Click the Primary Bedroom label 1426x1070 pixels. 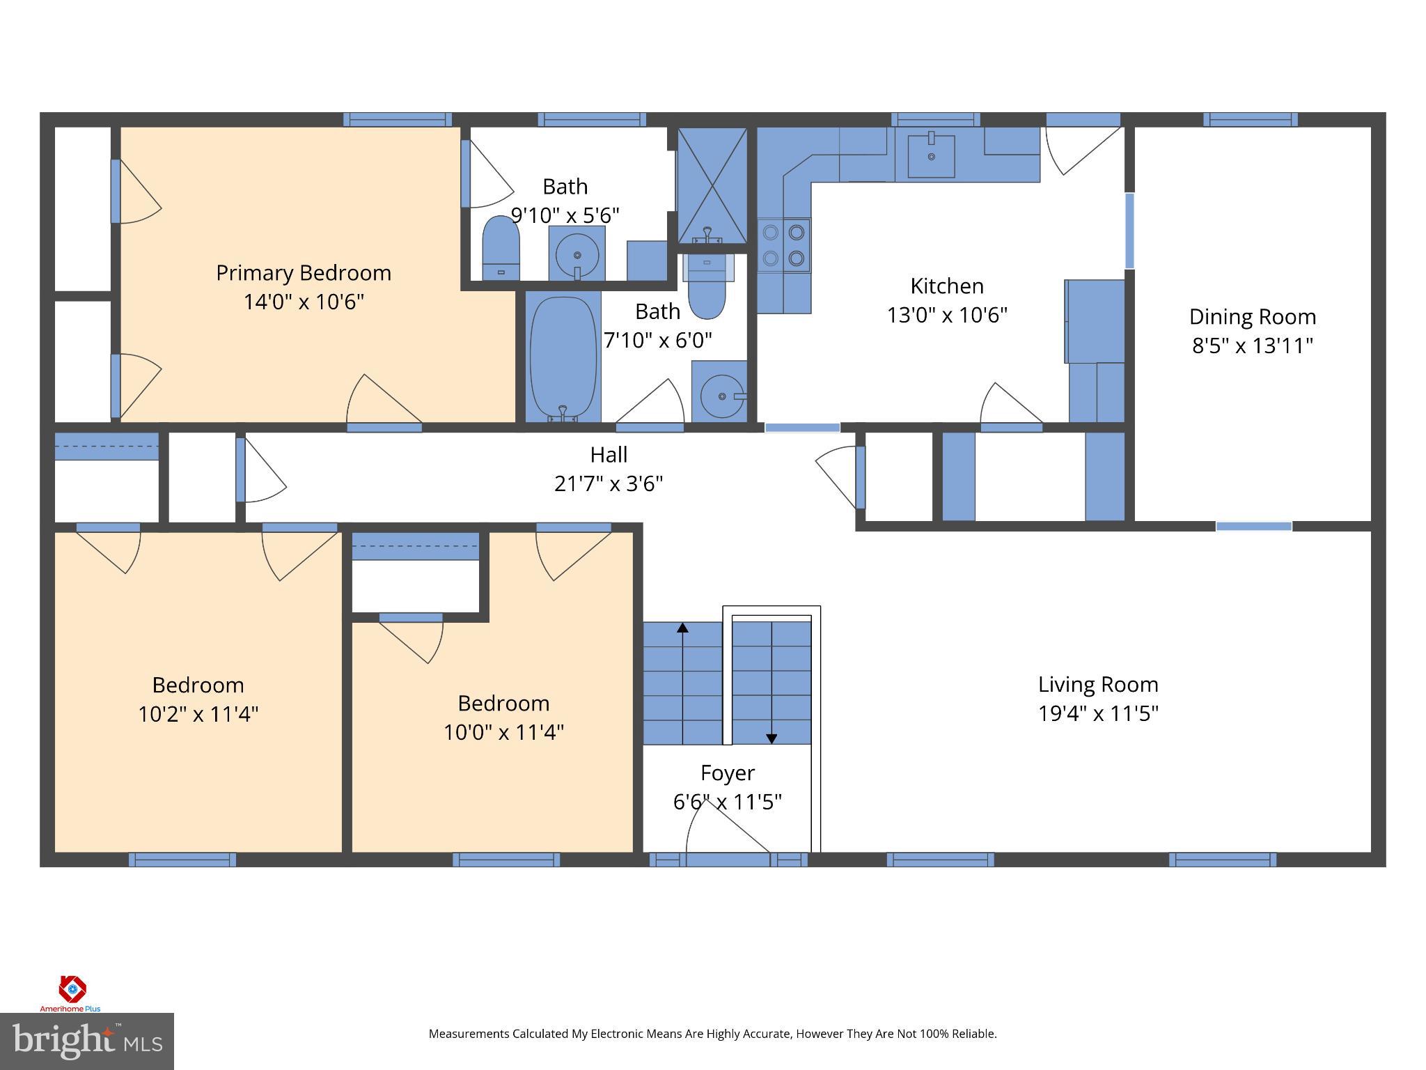[303, 272]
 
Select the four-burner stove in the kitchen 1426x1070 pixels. [784, 246]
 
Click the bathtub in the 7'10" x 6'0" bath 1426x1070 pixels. [563, 357]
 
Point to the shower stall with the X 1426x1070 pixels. [712, 185]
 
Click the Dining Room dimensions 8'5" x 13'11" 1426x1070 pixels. [1252, 346]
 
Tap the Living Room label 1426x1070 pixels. [1098, 684]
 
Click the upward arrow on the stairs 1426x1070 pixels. [682, 628]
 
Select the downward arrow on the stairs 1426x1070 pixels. [771, 738]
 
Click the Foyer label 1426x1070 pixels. [727, 773]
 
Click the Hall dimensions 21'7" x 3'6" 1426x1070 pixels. [608, 483]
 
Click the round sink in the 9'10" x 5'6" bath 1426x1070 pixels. [577, 254]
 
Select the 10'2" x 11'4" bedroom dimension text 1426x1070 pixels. [198, 714]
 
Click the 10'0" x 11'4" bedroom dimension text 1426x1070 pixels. [503, 732]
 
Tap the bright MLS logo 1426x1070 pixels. [86, 1041]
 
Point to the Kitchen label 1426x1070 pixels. [946, 286]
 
